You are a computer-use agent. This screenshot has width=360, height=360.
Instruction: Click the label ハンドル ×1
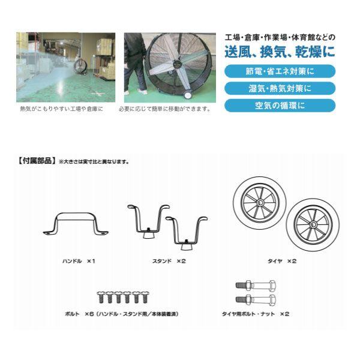click(79, 262)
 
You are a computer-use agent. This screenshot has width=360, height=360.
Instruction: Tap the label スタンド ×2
click(171, 262)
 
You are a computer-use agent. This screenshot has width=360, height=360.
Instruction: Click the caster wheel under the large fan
click(188, 97)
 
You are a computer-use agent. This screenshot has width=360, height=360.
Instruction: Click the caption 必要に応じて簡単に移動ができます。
click(164, 110)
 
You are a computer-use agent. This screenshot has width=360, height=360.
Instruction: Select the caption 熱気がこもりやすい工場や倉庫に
click(61, 110)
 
